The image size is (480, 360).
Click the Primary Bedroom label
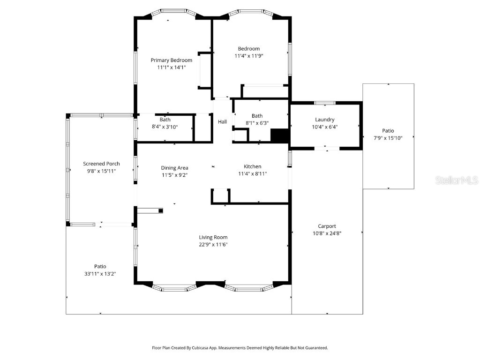(171, 60)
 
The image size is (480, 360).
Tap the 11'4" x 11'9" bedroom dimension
(248, 56)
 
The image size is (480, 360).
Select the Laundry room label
(324, 120)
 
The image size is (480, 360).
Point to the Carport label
(327, 226)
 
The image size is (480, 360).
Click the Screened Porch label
(101, 164)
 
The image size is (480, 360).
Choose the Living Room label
(213, 237)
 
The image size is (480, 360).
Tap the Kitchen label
(252, 166)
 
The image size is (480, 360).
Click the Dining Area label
(174, 168)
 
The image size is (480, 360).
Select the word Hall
(222, 122)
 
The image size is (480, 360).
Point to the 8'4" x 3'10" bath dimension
(165, 127)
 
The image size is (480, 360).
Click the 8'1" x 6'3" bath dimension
(257, 123)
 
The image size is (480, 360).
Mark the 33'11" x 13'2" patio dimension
(100, 273)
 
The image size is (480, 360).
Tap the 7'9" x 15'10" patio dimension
(388, 138)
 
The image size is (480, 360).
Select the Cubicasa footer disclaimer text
(240, 348)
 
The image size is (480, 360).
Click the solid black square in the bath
(279, 135)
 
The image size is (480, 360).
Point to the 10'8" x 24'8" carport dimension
(327, 233)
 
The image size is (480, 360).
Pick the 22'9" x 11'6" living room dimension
(213, 244)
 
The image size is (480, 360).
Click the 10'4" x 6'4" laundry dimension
(324, 127)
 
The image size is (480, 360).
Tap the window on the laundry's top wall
(324, 103)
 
